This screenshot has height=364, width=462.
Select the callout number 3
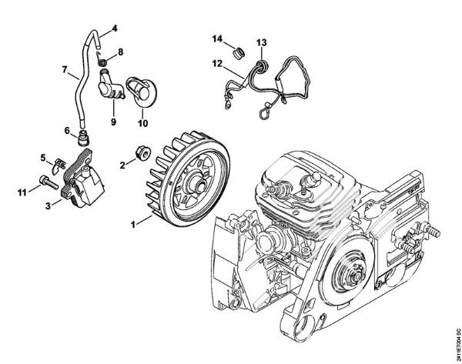click(x=48, y=205)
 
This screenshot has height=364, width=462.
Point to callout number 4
click(x=114, y=28)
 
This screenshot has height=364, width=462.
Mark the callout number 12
click(x=219, y=63)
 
